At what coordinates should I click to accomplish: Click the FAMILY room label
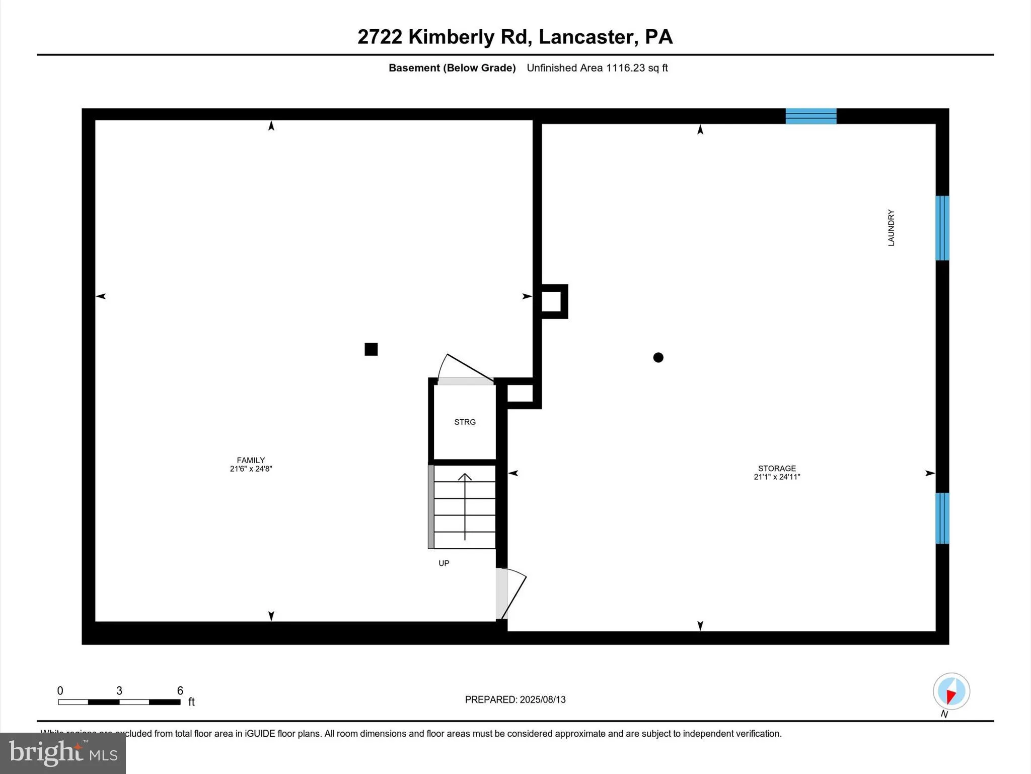(251, 460)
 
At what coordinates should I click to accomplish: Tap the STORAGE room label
(777, 468)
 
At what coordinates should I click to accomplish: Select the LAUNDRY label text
(891, 228)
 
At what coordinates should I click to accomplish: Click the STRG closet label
(465, 422)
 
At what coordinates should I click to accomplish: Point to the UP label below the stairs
(444, 563)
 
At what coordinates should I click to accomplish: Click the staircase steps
(465, 506)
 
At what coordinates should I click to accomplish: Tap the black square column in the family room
(371, 349)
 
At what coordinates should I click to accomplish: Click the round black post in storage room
(658, 357)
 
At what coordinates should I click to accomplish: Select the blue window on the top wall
(811, 116)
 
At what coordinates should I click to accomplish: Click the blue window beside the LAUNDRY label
(942, 228)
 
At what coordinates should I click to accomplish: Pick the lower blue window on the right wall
(942, 518)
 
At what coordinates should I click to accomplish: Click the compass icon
(951, 691)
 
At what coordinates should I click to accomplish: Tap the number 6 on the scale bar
(180, 691)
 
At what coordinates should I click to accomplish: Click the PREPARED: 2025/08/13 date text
(515, 699)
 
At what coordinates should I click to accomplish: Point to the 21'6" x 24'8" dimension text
(251, 469)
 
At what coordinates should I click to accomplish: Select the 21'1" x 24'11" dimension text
(777, 477)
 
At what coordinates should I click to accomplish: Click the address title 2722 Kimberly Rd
(515, 37)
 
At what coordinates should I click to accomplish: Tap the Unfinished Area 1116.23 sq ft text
(597, 68)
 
